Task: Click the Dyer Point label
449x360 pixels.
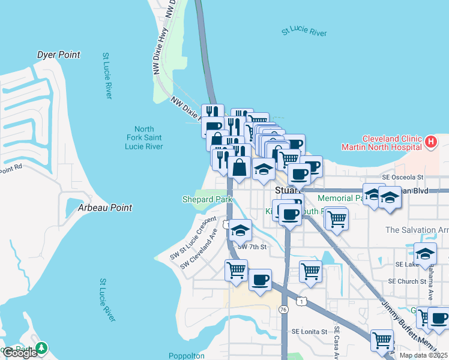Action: click(58, 55)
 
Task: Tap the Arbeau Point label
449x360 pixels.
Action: click(105, 208)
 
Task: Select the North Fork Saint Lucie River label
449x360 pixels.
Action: click(144, 138)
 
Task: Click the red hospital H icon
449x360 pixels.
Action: click(430, 142)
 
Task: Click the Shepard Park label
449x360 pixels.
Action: click(207, 199)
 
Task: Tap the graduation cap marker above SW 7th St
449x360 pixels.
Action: click(240, 230)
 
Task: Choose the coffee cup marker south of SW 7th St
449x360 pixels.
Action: click(260, 280)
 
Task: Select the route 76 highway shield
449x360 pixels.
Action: click(283, 308)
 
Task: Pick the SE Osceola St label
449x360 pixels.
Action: click(403, 177)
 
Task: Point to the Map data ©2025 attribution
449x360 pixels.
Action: click(423, 355)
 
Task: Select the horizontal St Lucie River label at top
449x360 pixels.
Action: click(304, 31)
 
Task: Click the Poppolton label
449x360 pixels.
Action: click(186, 356)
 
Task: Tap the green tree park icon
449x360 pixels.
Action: click(41, 348)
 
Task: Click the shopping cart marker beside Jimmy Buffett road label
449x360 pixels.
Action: click(382, 340)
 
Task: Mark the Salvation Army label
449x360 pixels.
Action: click(417, 230)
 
